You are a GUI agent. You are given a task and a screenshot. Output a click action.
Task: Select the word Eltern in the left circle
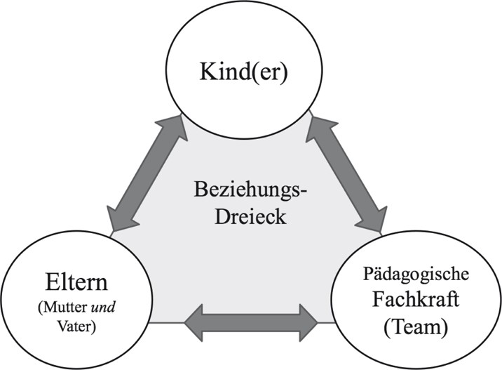click(73, 285)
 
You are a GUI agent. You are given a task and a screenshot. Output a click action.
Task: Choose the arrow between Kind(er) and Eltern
click(141, 175)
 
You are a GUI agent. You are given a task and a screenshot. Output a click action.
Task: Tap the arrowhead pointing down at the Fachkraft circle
click(373, 219)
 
